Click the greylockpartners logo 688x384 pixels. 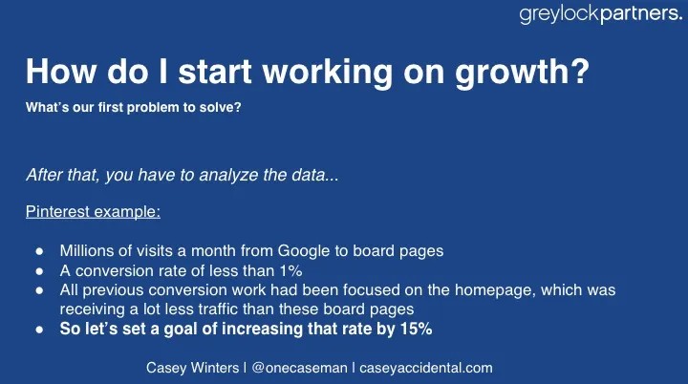pyautogui.click(x=601, y=14)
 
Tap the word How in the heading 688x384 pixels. pyautogui.click(x=60, y=71)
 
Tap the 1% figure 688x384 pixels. pyautogui.click(x=290, y=270)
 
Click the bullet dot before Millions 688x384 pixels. pyautogui.click(x=40, y=251)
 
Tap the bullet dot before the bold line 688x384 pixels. pyautogui.click(x=40, y=330)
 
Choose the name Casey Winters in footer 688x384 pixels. pyautogui.click(x=192, y=368)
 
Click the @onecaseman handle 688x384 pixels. pyautogui.click(x=300, y=368)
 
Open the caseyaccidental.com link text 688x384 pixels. pyautogui.click(x=426, y=368)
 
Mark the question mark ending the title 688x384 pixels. pyautogui.click(x=581, y=71)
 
